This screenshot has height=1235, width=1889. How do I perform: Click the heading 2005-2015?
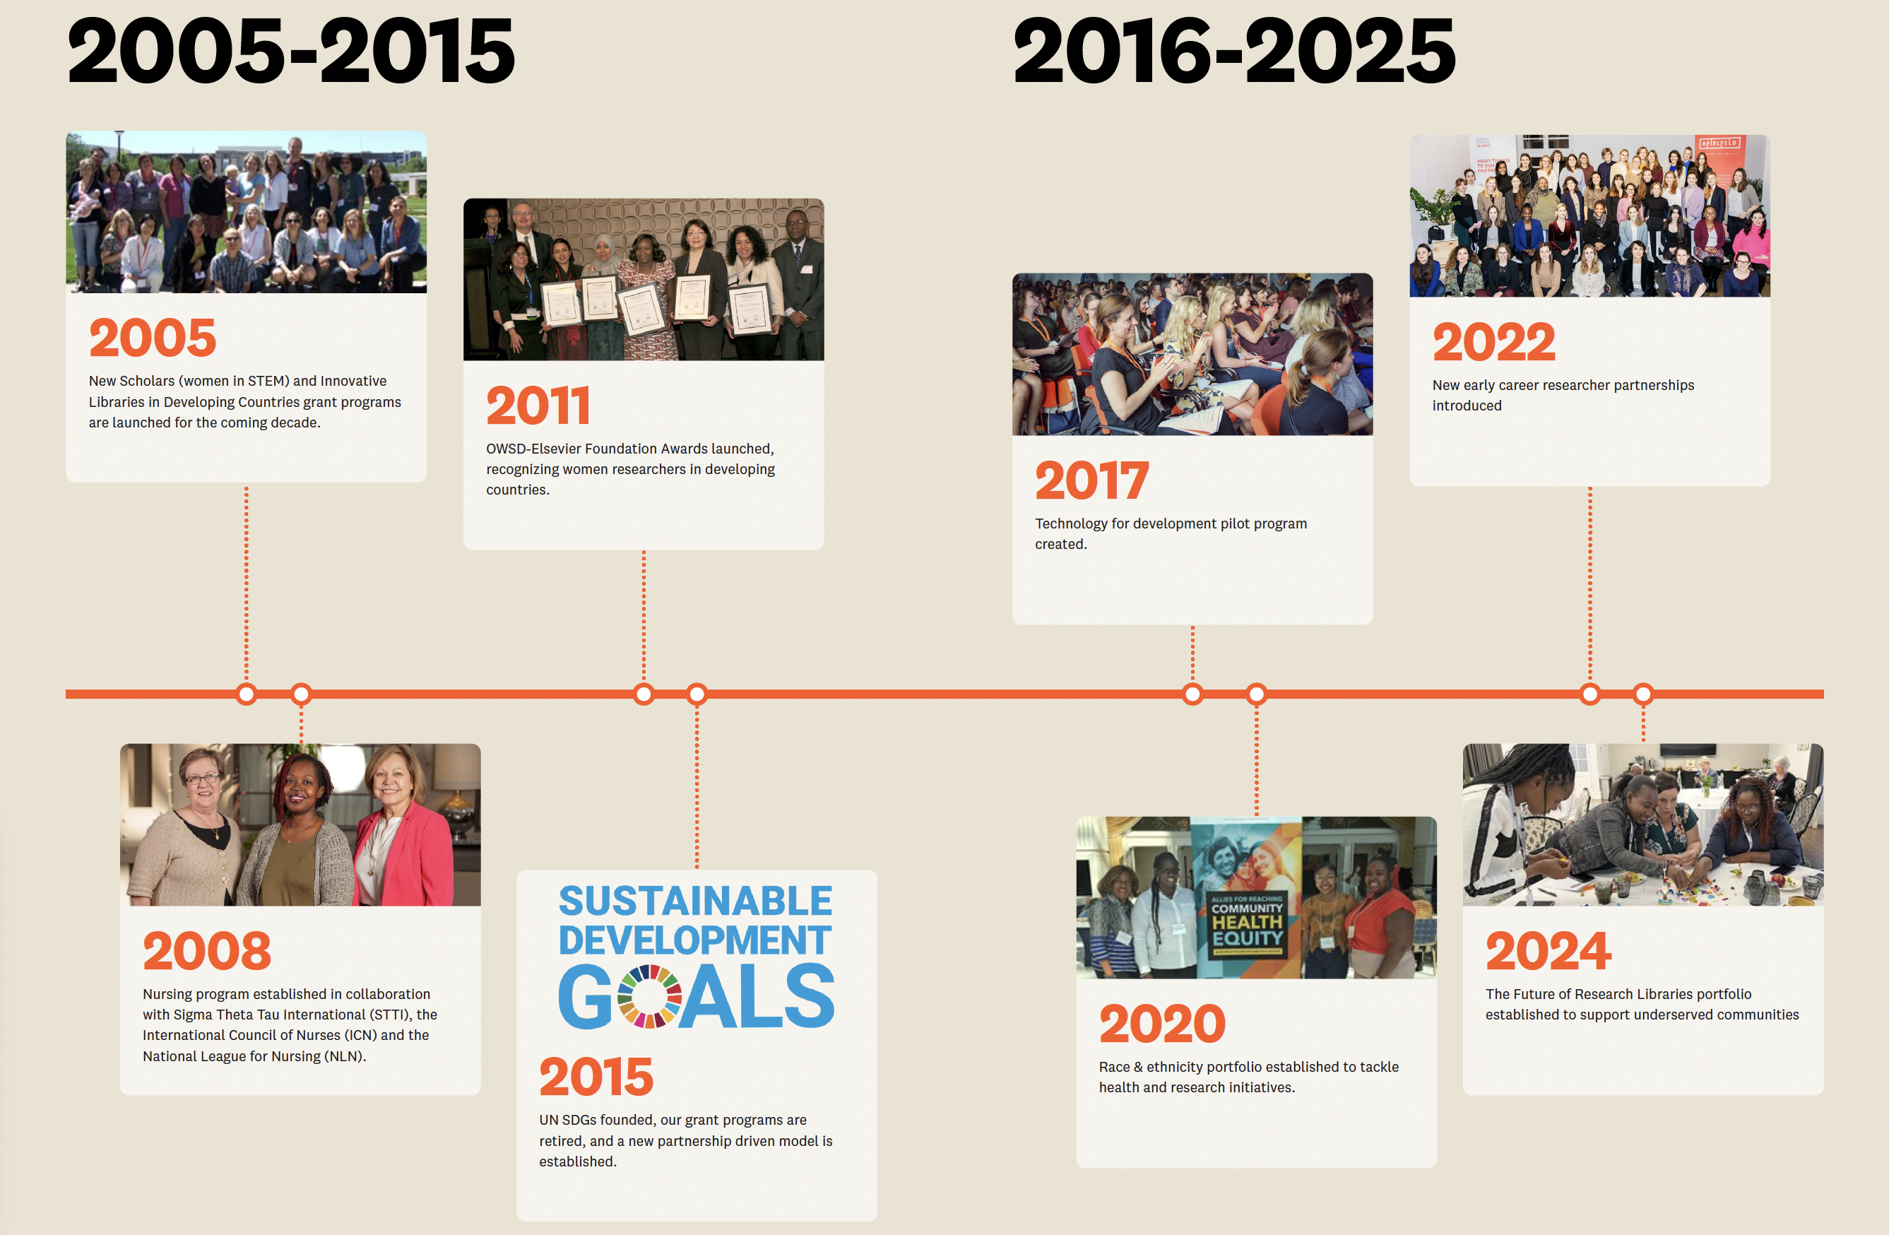[x=291, y=52]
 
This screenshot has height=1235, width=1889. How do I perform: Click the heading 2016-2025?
[x=1234, y=52]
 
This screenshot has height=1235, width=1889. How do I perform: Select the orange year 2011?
[x=538, y=405]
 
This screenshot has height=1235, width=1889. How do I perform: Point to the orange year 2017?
[x=1092, y=480]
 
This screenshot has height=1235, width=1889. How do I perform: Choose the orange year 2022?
[x=1493, y=341]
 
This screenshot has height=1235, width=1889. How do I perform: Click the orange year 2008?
[x=207, y=951]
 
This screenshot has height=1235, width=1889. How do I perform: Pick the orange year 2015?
[x=596, y=1076]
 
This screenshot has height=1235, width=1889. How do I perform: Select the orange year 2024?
[x=1548, y=951]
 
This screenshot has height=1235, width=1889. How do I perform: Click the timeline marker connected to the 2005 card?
[x=247, y=695]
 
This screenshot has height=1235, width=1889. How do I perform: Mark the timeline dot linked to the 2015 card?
[x=697, y=695]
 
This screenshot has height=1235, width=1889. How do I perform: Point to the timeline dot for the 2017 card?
[x=1192, y=695]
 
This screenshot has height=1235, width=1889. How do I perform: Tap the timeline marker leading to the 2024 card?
[x=1643, y=695]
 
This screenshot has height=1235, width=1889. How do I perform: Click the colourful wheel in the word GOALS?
[x=649, y=996]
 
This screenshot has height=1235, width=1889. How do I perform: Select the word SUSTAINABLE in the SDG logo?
[x=695, y=901]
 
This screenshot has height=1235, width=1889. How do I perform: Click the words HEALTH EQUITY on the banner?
[x=1247, y=929]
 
